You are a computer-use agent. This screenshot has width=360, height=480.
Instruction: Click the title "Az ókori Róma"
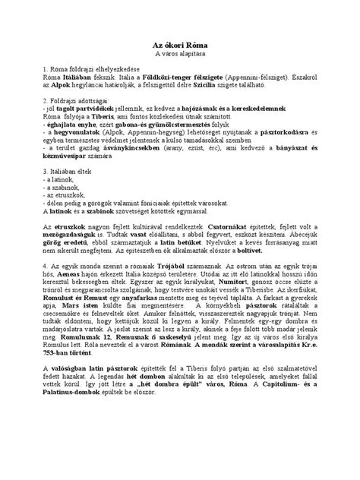[x=180, y=45]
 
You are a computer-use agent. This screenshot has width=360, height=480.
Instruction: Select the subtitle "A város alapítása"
[x=180, y=55]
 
